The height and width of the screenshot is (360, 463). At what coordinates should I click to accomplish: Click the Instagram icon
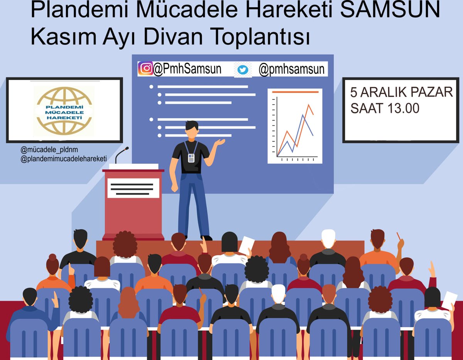point(145,69)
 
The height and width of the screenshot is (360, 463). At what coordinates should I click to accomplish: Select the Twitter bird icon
point(243,70)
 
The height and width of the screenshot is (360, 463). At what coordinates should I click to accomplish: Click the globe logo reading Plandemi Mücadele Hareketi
point(64,111)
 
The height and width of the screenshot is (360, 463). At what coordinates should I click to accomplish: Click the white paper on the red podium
point(133,188)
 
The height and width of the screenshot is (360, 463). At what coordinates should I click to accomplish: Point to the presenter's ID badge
point(191,158)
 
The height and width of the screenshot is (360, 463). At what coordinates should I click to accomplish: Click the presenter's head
point(191,129)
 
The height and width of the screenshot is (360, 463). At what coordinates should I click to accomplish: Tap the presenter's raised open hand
point(220,143)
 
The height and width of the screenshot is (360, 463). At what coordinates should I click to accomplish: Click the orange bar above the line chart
point(295,92)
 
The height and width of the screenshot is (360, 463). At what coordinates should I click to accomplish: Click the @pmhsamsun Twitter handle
point(292,70)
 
